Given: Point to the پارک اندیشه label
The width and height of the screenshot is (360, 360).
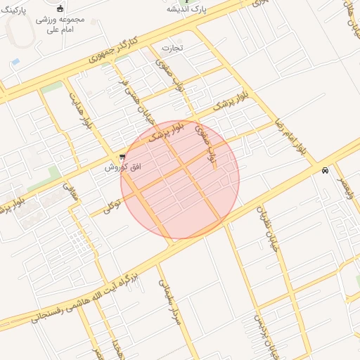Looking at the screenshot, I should (x=181, y=10).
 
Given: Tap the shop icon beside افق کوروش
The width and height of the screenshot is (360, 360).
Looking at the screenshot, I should (x=123, y=157).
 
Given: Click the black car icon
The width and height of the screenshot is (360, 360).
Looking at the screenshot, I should (x=325, y=171).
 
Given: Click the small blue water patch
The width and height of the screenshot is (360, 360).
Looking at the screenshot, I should (x=15, y=62).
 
